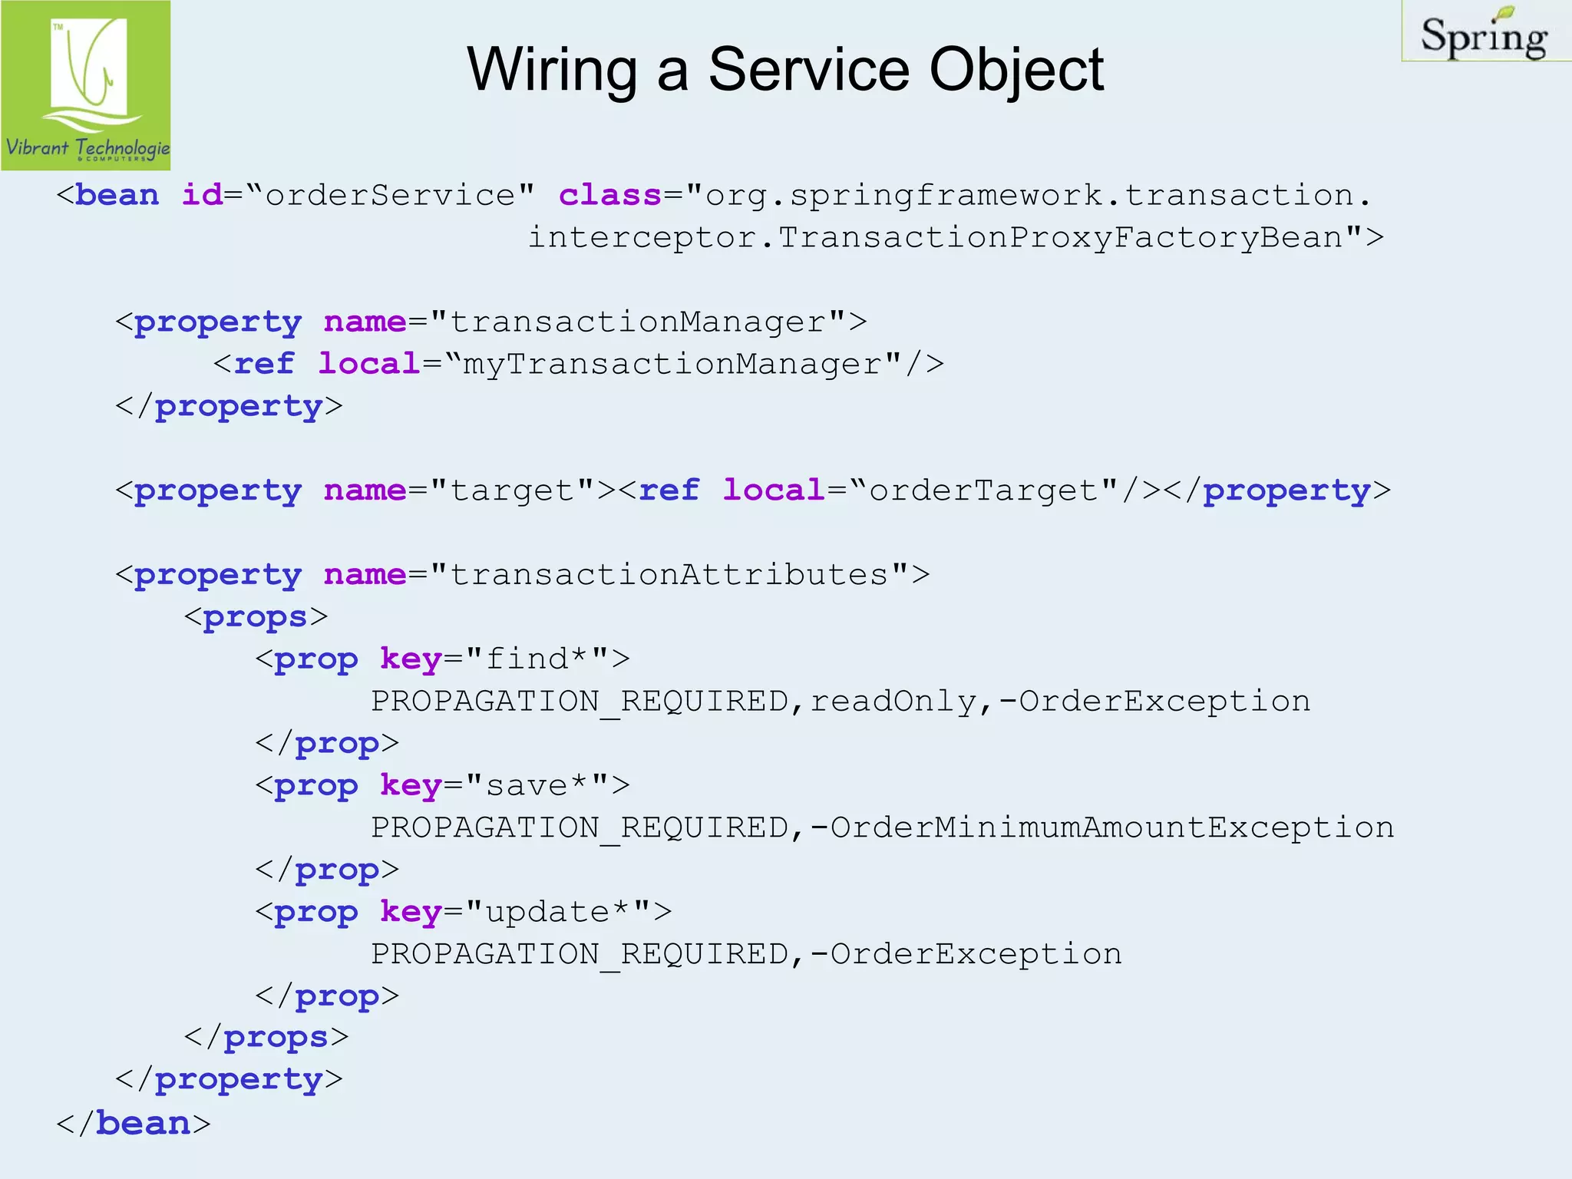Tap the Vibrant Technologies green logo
coord(86,85)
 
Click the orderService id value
coord(390,195)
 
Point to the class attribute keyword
coord(609,195)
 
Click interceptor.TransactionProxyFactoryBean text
coord(944,237)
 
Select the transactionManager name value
coord(638,322)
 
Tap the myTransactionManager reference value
coord(672,364)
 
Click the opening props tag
coord(256,617)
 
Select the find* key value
coord(537,659)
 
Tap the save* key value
coord(537,785)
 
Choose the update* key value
coord(557,912)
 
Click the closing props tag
coord(266,1038)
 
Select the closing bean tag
coord(133,1124)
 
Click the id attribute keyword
coord(202,195)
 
